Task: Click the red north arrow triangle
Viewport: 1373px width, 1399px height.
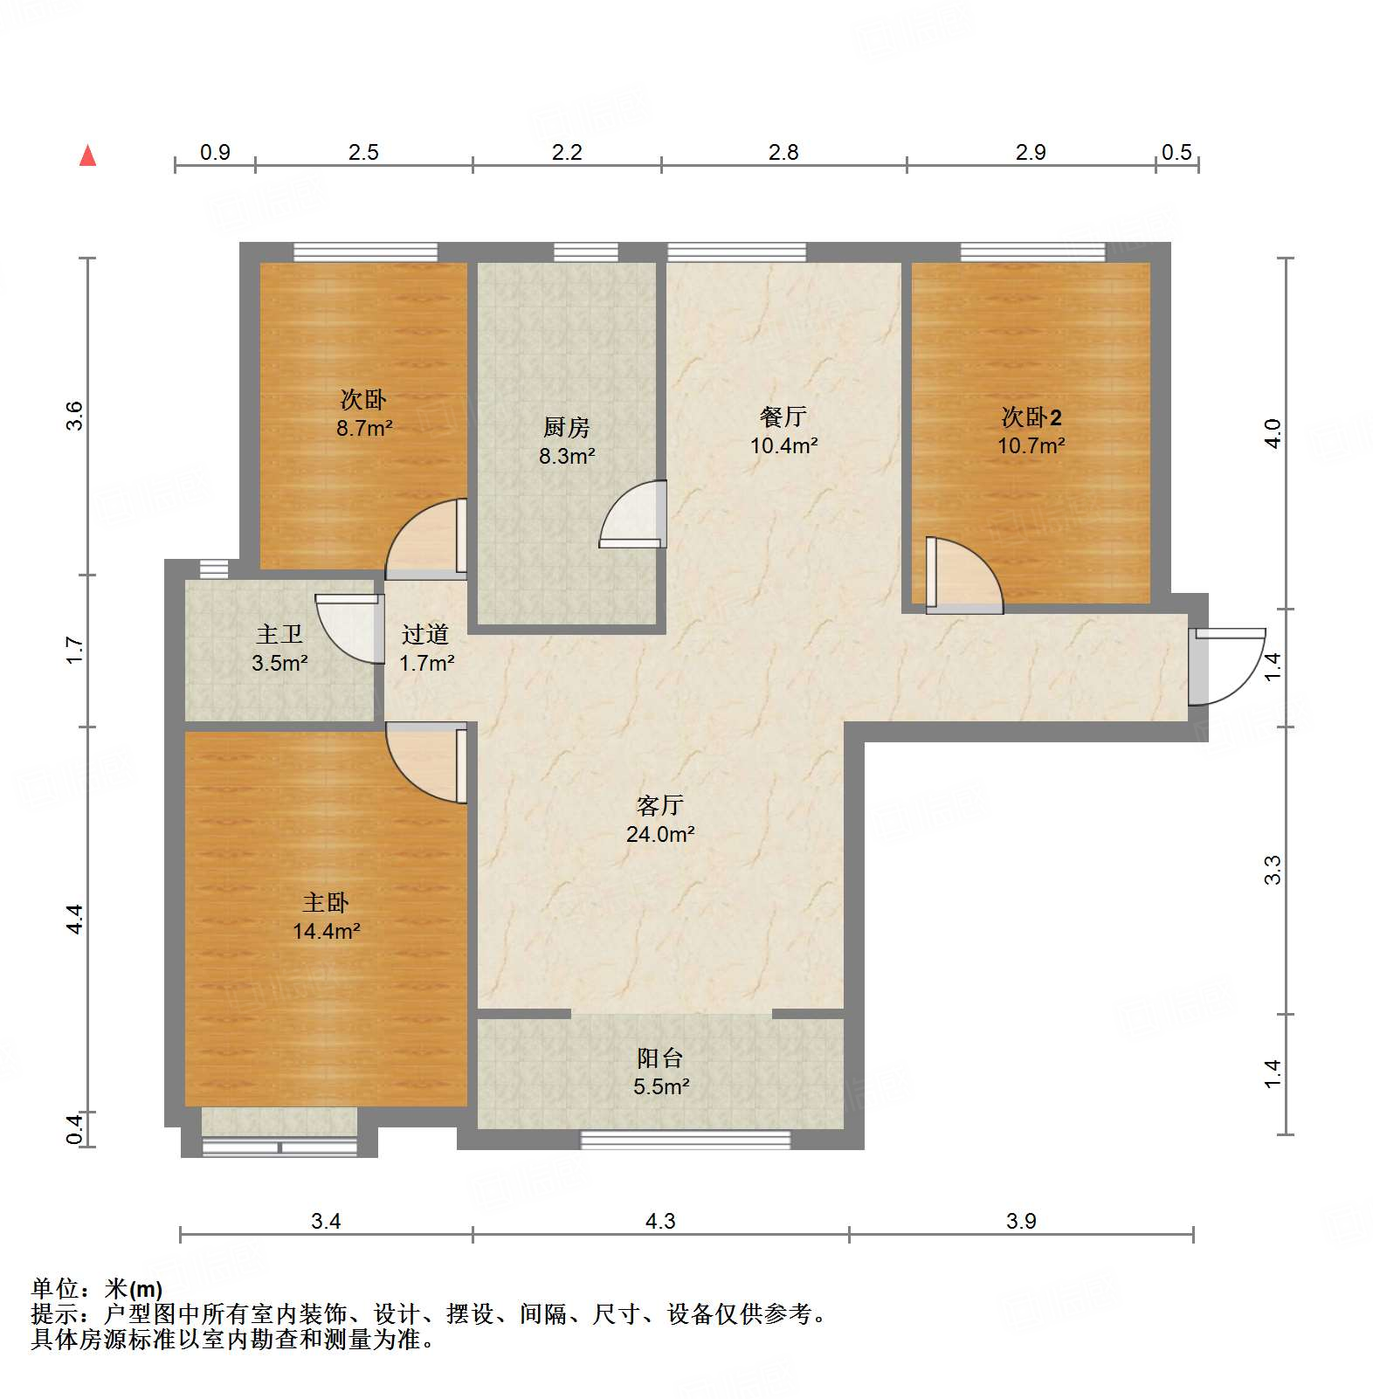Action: click(87, 156)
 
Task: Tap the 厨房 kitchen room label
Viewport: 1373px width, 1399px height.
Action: click(566, 427)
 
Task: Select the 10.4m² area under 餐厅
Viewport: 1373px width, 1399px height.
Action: click(783, 445)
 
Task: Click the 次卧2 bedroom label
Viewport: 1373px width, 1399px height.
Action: click(1031, 417)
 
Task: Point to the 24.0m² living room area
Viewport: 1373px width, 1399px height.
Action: click(660, 834)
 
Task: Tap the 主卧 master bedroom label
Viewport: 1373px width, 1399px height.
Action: click(326, 902)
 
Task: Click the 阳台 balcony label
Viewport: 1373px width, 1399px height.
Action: click(659, 1058)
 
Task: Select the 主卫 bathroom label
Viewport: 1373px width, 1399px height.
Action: click(279, 635)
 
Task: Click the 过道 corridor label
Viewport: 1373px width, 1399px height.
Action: click(425, 635)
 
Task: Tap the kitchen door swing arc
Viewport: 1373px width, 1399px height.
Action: click(631, 515)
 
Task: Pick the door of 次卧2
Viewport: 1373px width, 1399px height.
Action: click(963, 575)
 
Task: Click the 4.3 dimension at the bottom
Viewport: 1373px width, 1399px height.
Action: click(660, 1221)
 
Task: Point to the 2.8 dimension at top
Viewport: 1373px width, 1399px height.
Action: click(783, 153)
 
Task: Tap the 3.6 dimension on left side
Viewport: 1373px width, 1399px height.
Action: click(74, 415)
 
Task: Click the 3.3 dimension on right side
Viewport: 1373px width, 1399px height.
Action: click(1273, 870)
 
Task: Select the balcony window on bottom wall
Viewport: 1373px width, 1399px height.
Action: click(686, 1140)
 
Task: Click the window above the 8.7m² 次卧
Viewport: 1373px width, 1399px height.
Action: click(365, 252)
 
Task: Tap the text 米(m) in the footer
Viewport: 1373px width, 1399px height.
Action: click(134, 1288)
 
